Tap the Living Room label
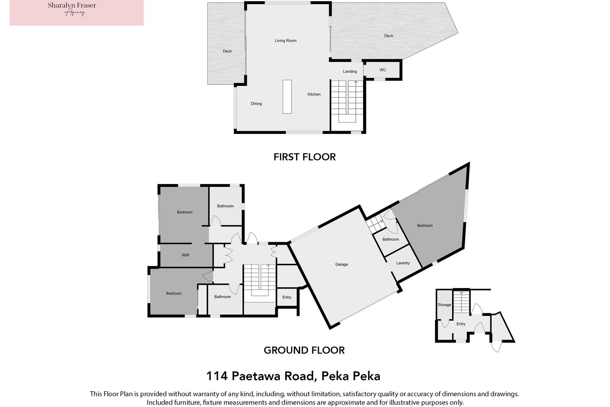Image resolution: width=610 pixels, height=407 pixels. coord(285,41)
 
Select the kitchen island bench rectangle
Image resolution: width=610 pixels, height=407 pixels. coord(287,97)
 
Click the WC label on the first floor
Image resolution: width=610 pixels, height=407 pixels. coord(383,70)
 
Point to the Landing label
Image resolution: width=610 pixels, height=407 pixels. coord(350,71)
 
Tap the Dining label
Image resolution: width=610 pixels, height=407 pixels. coord(256,104)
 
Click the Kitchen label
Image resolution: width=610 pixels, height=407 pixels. coord(314,94)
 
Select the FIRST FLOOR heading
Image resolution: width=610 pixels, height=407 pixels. coord(305,157)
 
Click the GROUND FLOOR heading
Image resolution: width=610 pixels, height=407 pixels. coord(304,350)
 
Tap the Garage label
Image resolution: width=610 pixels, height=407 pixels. coord(342,265)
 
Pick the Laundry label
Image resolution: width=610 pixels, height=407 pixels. coord(403,263)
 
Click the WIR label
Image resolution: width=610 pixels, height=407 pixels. coord(185,256)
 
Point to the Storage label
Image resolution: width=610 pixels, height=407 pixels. coord(444,305)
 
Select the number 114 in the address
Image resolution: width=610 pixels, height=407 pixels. coord(217,376)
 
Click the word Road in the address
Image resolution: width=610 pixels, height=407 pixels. coord(299,376)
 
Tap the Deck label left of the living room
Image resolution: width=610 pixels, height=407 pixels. coord(227,51)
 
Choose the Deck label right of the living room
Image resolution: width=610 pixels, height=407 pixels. coord(389,36)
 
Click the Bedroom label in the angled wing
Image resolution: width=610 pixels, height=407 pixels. coord(425,226)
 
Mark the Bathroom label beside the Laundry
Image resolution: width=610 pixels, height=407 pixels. coord(390,239)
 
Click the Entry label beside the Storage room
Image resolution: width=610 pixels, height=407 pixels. coord(461,324)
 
